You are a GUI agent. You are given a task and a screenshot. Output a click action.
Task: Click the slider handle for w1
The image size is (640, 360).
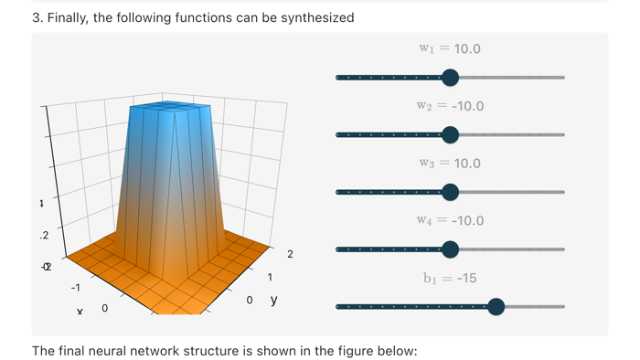(x=450, y=78)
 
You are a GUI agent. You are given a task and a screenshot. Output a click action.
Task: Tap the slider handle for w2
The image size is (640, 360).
(x=450, y=135)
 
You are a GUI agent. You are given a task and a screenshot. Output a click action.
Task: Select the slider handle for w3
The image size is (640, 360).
(x=450, y=192)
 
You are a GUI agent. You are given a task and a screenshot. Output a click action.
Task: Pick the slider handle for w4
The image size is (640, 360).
(x=450, y=249)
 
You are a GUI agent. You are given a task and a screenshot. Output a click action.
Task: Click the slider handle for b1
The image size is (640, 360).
(x=496, y=307)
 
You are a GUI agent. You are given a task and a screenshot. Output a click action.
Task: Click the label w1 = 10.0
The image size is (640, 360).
(x=450, y=49)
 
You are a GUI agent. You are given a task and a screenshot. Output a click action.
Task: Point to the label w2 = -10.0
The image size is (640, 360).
(x=451, y=106)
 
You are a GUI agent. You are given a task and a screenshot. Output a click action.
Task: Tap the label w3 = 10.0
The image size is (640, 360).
(x=450, y=164)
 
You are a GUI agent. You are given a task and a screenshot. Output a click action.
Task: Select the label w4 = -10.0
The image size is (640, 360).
(x=451, y=220)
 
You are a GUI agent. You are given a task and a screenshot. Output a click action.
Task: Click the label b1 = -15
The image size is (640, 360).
(x=450, y=278)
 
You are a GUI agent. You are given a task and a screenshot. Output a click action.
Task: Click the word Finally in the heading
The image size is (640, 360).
(x=71, y=17)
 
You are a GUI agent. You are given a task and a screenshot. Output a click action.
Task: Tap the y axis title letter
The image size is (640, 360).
(x=273, y=300)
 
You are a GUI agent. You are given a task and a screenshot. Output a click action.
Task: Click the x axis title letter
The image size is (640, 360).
(x=80, y=312)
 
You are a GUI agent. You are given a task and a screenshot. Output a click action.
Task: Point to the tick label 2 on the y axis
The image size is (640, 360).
(x=291, y=254)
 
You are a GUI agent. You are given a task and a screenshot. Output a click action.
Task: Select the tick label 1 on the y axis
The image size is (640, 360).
(x=270, y=277)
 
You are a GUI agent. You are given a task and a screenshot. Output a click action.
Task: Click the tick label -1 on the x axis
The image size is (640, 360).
(x=76, y=287)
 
